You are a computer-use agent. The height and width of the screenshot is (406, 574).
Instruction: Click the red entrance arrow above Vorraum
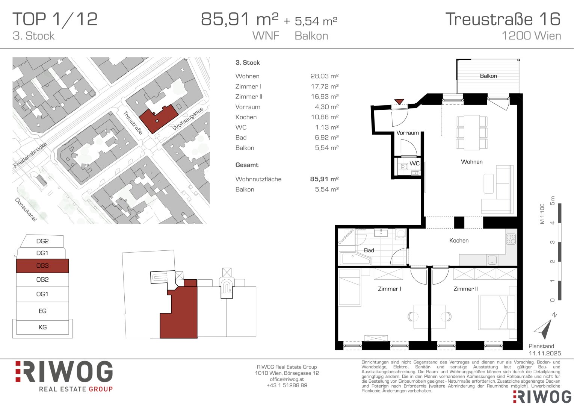399,101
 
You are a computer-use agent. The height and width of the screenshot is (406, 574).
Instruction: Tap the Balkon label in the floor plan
488,76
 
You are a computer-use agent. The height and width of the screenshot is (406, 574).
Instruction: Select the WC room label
414,164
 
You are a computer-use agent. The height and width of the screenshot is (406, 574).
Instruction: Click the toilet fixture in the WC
403,167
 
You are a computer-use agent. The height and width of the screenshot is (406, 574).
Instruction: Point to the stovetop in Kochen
511,239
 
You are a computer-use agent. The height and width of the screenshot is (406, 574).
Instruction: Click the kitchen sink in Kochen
492,260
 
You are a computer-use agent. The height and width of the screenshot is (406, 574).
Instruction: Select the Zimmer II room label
465,289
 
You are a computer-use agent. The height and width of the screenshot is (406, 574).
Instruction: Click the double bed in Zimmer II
497,312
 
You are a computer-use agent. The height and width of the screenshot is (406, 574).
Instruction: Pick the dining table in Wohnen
471,132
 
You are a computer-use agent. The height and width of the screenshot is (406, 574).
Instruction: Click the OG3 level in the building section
42,266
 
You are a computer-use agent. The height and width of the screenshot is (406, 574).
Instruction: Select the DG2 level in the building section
42,241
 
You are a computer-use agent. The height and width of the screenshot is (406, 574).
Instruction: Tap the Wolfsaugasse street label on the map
188,119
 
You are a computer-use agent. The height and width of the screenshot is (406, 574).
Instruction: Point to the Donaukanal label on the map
26,209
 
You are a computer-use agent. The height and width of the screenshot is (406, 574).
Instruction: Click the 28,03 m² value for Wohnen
325,76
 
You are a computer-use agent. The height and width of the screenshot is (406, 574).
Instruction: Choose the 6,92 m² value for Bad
327,138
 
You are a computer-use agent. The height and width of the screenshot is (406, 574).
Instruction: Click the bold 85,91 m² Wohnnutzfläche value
325,179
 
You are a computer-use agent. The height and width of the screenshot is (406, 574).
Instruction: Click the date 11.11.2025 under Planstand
545,353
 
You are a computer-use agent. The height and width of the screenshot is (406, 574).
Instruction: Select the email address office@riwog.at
287,379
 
